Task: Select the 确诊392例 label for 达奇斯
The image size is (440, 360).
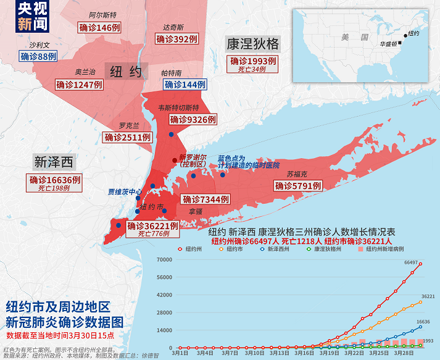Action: point(177,39)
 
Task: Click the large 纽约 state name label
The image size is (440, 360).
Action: point(126,71)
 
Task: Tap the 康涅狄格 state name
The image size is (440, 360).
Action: point(253,44)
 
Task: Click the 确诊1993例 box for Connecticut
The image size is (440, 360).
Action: point(253,61)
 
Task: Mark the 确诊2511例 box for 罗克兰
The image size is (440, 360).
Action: point(128,137)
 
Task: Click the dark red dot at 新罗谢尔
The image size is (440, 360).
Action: point(175,159)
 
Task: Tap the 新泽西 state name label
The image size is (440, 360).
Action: point(54,162)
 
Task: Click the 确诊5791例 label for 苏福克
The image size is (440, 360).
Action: point(297,185)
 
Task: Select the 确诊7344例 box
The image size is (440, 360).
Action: point(205,199)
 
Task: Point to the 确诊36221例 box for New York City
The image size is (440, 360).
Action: point(152,227)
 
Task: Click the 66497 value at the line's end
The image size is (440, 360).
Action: point(412,262)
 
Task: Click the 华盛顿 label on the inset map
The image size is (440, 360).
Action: point(388,44)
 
